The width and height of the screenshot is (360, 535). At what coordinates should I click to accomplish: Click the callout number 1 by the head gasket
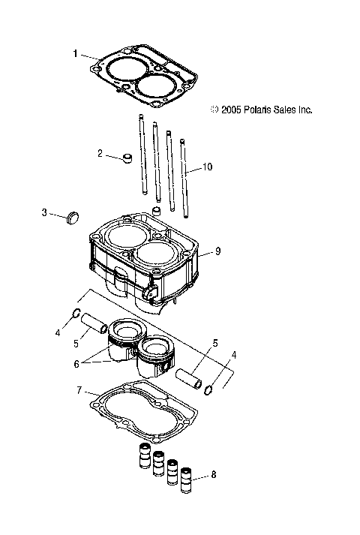(x=76, y=53)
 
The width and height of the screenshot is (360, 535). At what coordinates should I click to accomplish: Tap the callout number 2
(x=99, y=153)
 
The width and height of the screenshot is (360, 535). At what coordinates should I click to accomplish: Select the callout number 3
(x=44, y=213)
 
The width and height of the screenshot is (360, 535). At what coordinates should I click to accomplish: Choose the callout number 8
(x=215, y=474)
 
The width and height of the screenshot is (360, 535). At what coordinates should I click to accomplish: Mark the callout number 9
(x=218, y=252)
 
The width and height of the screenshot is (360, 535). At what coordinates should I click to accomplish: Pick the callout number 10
(x=208, y=167)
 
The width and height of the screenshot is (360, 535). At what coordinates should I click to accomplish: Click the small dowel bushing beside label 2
(x=127, y=158)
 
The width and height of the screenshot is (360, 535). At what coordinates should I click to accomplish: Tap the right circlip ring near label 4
(x=211, y=389)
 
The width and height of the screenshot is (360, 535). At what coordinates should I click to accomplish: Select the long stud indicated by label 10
(x=184, y=177)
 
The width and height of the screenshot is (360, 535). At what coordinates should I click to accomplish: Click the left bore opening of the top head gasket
(x=123, y=70)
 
